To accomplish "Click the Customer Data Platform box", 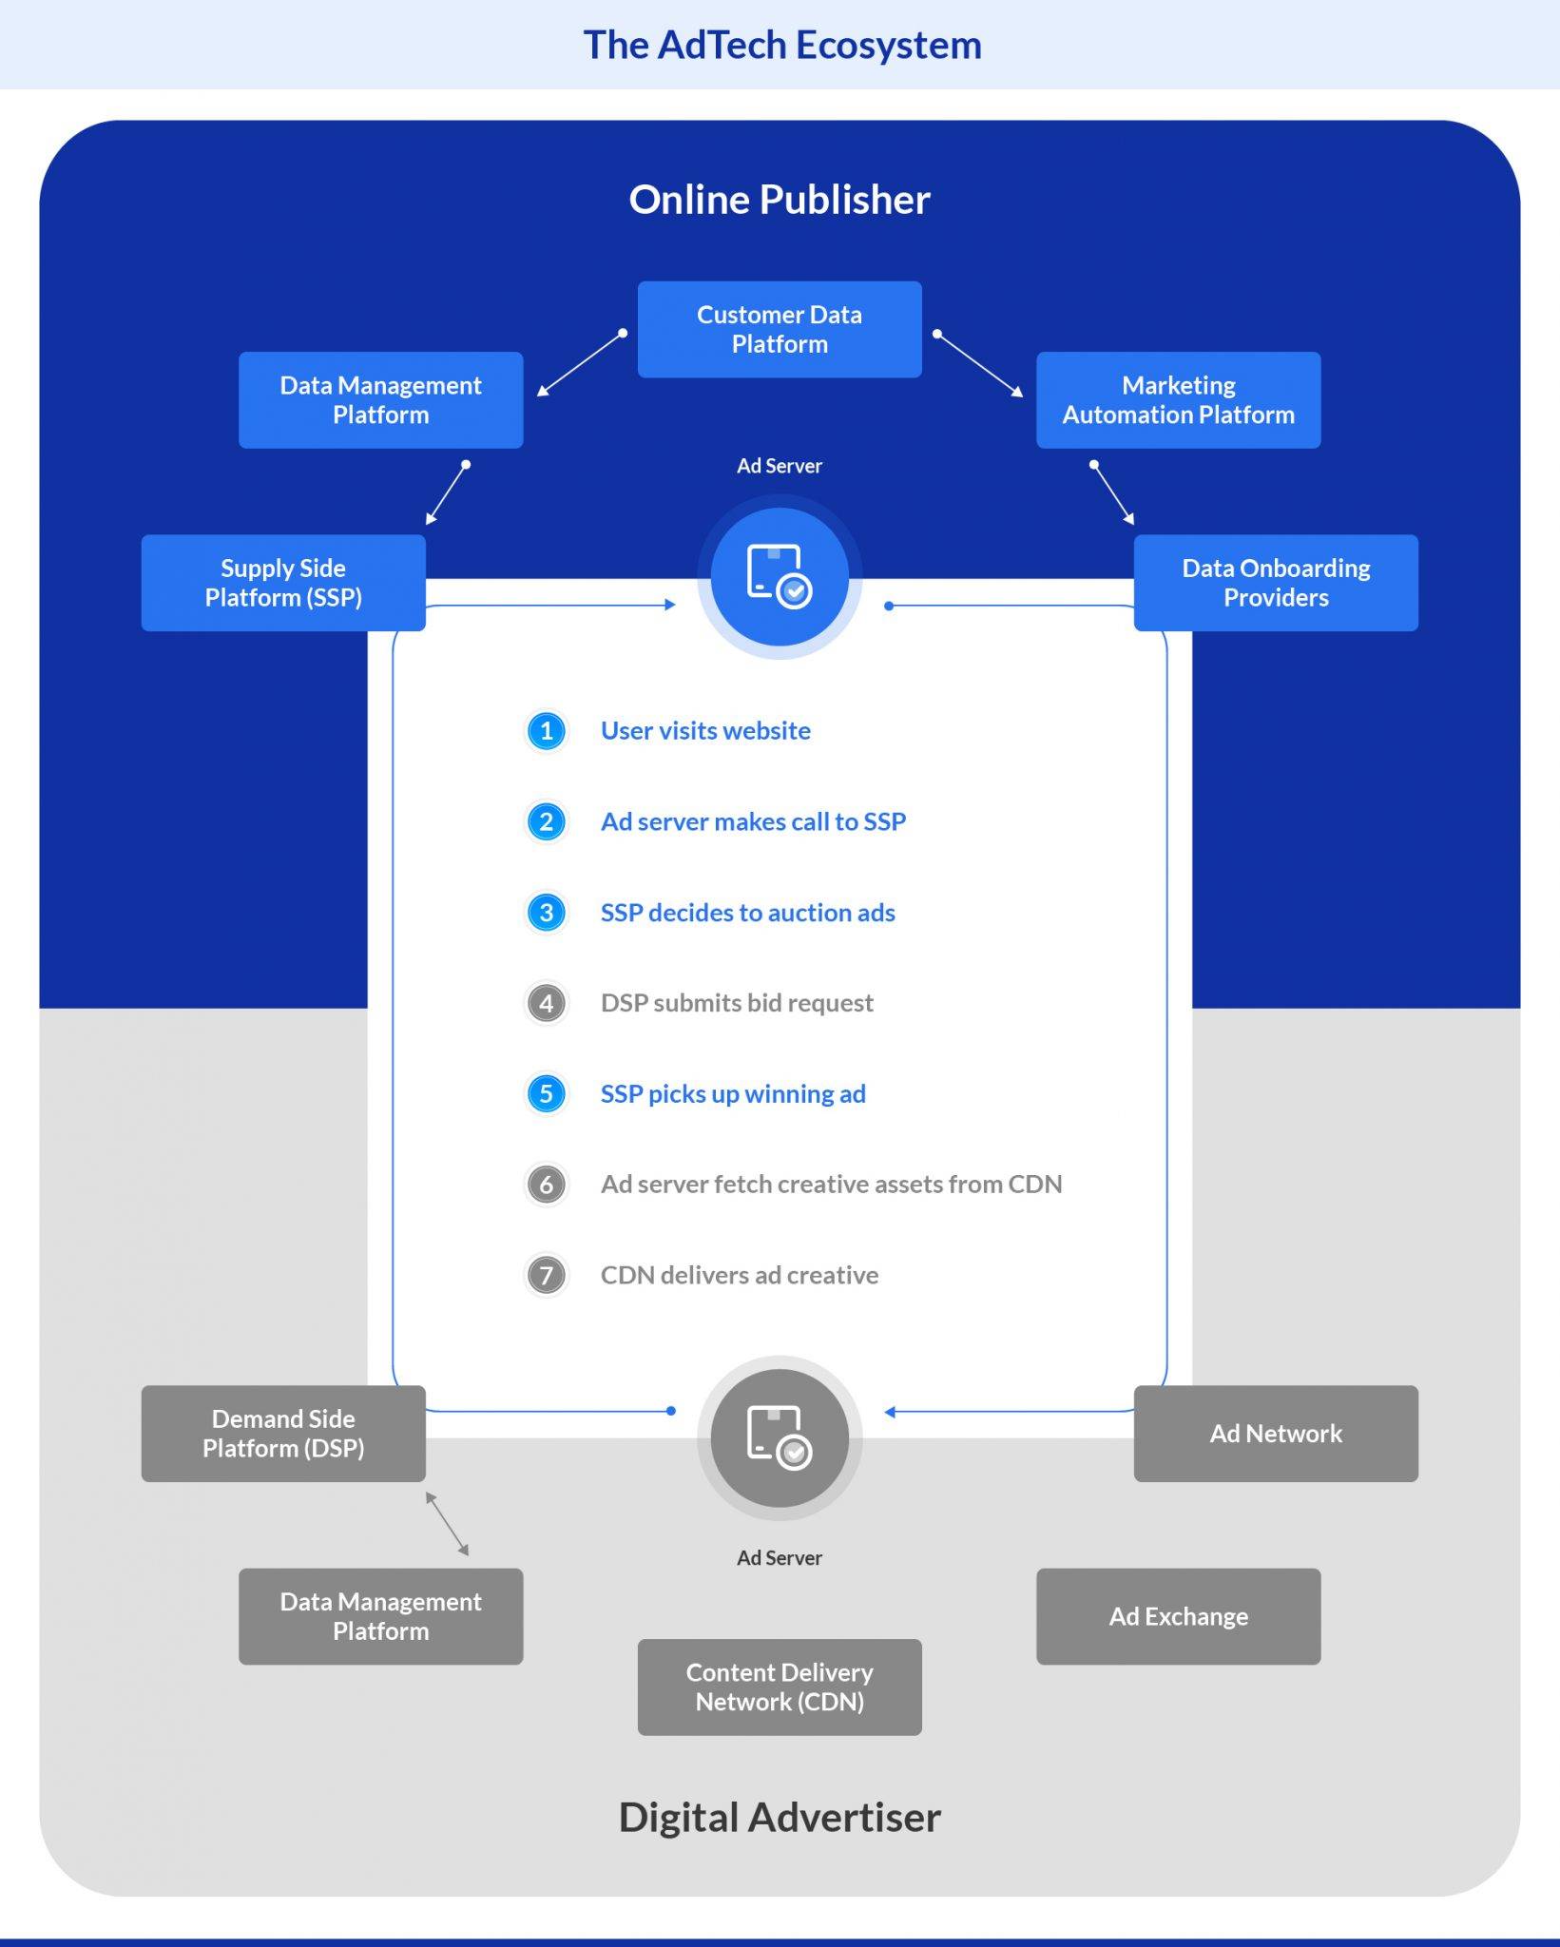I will click(x=780, y=329).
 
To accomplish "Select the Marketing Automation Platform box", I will click(x=1178, y=400).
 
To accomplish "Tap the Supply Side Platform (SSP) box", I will click(x=283, y=583).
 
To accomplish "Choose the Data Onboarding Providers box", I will click(x=1276, y=583).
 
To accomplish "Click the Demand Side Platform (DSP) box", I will click(x=283, y=1434).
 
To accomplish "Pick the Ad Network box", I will click(x=1276, y=1434).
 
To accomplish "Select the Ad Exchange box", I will click(x=1178, y=1616).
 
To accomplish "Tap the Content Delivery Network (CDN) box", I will click(x=780, y=1687).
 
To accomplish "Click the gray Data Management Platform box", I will click(x=380, y=1616).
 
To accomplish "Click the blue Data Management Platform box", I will click(x=380, y=400).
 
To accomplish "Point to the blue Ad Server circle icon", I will click(x=780, y=577).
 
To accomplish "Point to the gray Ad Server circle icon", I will click(x=780, y=1438).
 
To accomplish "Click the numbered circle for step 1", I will click(x=547, y=731).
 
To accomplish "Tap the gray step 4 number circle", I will click(x=547, y=1003).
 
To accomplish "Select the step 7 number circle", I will click(x=547, y=1275).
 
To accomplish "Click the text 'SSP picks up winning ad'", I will click(x=733, y=1093).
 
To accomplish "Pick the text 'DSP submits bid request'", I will click(x=737, y=1003).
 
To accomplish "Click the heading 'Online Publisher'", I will click(x=780, y=200).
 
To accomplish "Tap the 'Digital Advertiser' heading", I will click(x=780, y=1817).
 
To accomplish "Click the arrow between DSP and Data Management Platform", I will click(x=448, y=1524).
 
